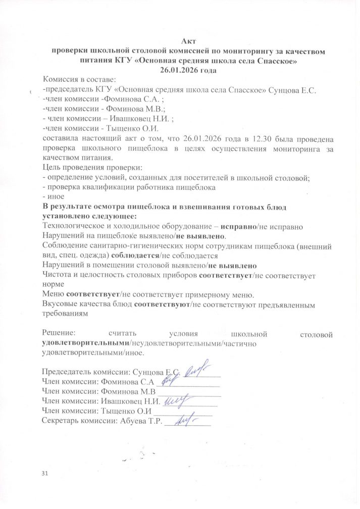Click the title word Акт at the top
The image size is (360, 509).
point(188,41)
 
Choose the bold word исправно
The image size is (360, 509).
point(239,227)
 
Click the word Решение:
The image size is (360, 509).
point(59,334)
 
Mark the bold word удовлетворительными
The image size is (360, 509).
point(85,344)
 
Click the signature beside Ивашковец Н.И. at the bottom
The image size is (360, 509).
point(177,400)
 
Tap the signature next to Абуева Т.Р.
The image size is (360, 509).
point(184,420)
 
